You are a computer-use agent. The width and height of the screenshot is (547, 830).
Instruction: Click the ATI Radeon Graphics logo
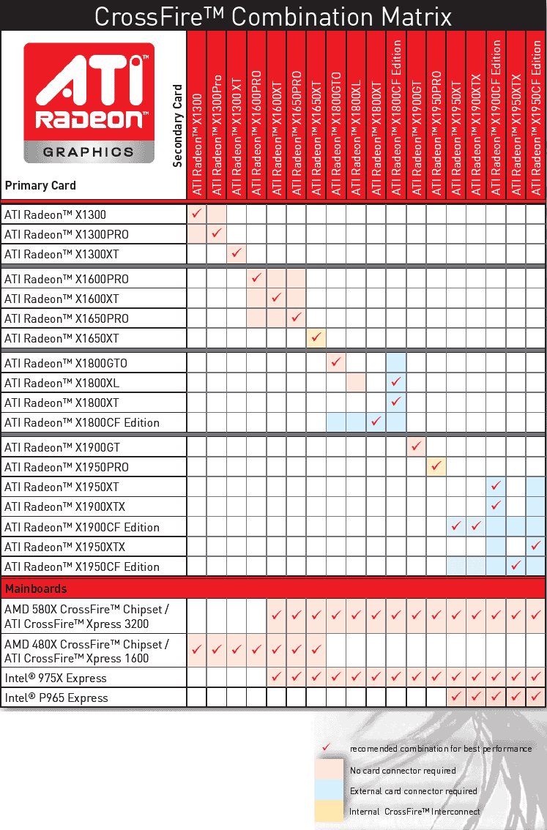(89, 102)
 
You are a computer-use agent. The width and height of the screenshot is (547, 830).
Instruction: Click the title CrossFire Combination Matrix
(273, 15)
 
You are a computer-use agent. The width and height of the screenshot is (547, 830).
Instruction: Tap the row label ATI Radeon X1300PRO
(66, 234)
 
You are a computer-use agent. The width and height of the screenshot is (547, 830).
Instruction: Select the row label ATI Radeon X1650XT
(62, 338)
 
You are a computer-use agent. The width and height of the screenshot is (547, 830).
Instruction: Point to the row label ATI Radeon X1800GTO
(66, 363)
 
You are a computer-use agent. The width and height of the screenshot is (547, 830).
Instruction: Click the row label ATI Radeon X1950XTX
(65, 547)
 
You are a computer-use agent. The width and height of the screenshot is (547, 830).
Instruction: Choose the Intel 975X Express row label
(56, 678)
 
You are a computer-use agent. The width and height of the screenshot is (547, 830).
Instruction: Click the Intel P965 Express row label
(56, 698)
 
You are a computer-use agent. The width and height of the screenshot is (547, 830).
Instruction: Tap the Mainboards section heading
(36, 588)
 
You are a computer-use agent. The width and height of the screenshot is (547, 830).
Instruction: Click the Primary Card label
(40, 185)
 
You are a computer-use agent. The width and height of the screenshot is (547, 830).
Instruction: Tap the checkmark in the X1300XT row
(237, 253)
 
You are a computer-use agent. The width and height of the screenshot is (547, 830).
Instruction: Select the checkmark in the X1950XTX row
(536, 546)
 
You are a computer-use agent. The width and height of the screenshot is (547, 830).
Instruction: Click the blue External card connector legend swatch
(329, 790)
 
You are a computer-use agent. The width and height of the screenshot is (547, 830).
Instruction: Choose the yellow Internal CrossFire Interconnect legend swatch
(329, 811)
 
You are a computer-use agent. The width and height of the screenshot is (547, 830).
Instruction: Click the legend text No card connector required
(403, 770)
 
